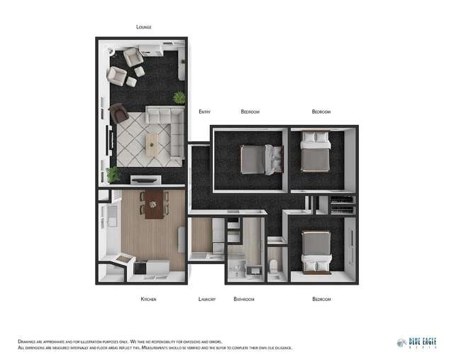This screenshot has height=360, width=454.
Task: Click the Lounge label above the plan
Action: [144, 27]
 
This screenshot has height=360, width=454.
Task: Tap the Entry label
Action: [204, 111]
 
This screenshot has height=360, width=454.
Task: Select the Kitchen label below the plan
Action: [148, 299]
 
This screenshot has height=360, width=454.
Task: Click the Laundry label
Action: [206, 299]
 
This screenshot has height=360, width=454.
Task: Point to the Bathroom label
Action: [244, 299]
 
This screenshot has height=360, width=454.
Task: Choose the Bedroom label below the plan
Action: [321, 299]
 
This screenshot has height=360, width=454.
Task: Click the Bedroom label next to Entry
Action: [250, 111]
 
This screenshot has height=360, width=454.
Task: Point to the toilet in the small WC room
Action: [275, 268]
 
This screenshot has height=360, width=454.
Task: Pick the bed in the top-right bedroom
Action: [316, 151]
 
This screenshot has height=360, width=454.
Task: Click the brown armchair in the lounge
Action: [118, 112]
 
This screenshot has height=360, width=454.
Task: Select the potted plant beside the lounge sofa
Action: [179, 97]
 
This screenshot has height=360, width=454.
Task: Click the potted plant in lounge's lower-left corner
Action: [113, 174]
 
